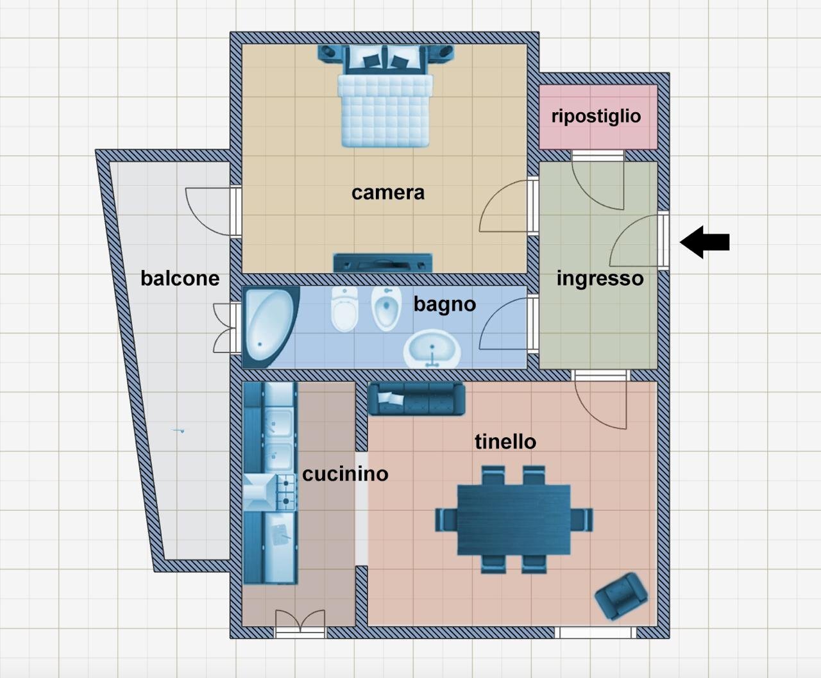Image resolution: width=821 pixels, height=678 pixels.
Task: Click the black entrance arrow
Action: tap(704, 242)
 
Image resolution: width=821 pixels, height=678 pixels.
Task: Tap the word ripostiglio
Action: tap(596, 117)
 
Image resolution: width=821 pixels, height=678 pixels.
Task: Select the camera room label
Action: tap(387, 193)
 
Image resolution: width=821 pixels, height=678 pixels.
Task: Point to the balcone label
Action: tap(180, 279)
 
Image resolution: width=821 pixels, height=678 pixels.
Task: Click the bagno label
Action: tap(444, 305)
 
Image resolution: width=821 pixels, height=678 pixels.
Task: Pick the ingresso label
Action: tap(600, 279)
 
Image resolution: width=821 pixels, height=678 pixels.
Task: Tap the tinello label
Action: tap(505, 442)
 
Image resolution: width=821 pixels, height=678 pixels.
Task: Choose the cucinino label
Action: tap(345, 474)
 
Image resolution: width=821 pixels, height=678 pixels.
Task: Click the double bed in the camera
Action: tap(385, 96)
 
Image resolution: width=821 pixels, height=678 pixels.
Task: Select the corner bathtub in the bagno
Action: tap(270, 326)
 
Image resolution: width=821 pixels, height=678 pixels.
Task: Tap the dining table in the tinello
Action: tap(514, 520)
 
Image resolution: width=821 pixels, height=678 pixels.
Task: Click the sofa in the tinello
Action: tap(416, 399)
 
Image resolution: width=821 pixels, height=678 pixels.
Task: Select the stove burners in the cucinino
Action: tap(286, 492)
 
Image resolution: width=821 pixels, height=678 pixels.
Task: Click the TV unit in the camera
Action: tap(382, 263)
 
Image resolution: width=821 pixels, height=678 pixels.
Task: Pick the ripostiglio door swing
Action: tap(598, 181)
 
